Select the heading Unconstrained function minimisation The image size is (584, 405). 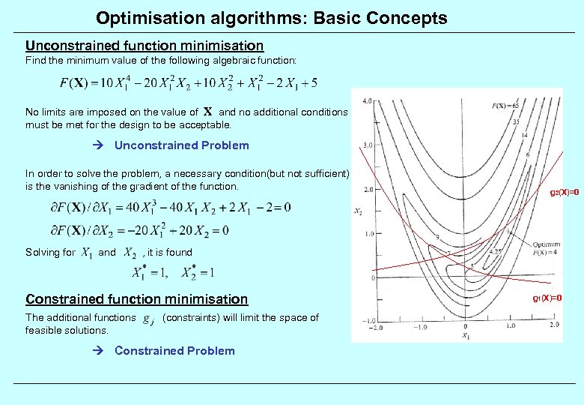point(145,46)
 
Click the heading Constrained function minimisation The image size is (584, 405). point(136,299)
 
